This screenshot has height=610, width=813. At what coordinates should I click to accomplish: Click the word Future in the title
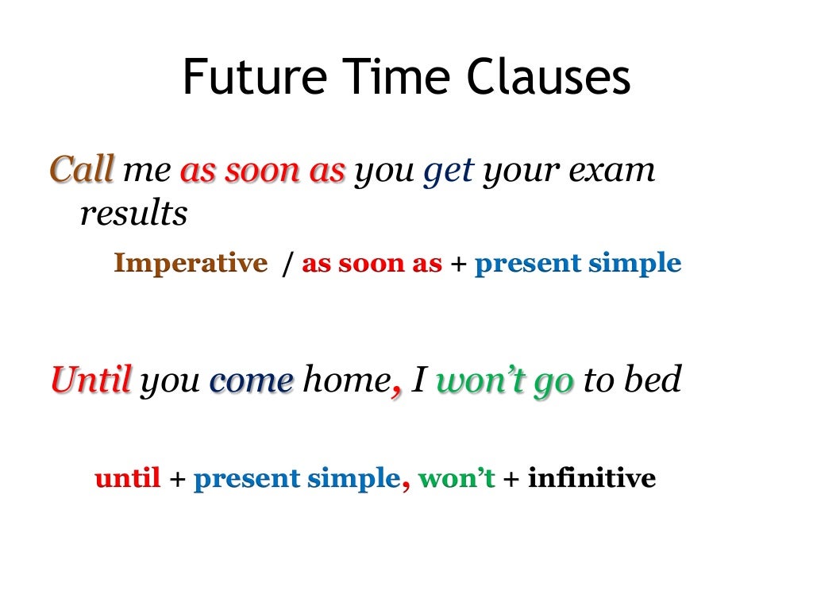254,78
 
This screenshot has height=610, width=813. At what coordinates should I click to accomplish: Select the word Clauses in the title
549,78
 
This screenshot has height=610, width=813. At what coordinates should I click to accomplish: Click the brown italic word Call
83,169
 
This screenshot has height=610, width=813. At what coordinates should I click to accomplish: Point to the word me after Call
147,171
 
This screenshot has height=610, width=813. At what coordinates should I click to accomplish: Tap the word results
133,213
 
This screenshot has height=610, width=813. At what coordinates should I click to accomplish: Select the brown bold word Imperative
191,263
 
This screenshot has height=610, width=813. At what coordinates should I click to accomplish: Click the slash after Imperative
286,264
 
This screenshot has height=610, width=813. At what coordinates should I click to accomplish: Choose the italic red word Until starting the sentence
91,380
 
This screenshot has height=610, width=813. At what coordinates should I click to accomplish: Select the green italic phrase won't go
505,382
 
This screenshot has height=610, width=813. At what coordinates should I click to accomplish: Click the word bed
653,380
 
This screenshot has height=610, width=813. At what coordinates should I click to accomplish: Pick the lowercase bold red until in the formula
127,478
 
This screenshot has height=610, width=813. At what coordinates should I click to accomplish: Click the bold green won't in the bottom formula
456,478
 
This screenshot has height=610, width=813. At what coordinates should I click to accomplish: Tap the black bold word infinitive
591,478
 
